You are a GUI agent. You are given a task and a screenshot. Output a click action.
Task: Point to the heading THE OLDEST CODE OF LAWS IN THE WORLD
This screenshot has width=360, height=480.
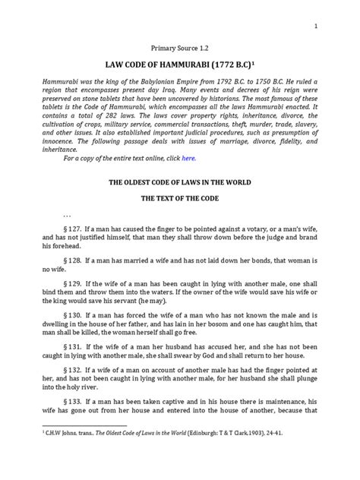(x=179, y=184)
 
